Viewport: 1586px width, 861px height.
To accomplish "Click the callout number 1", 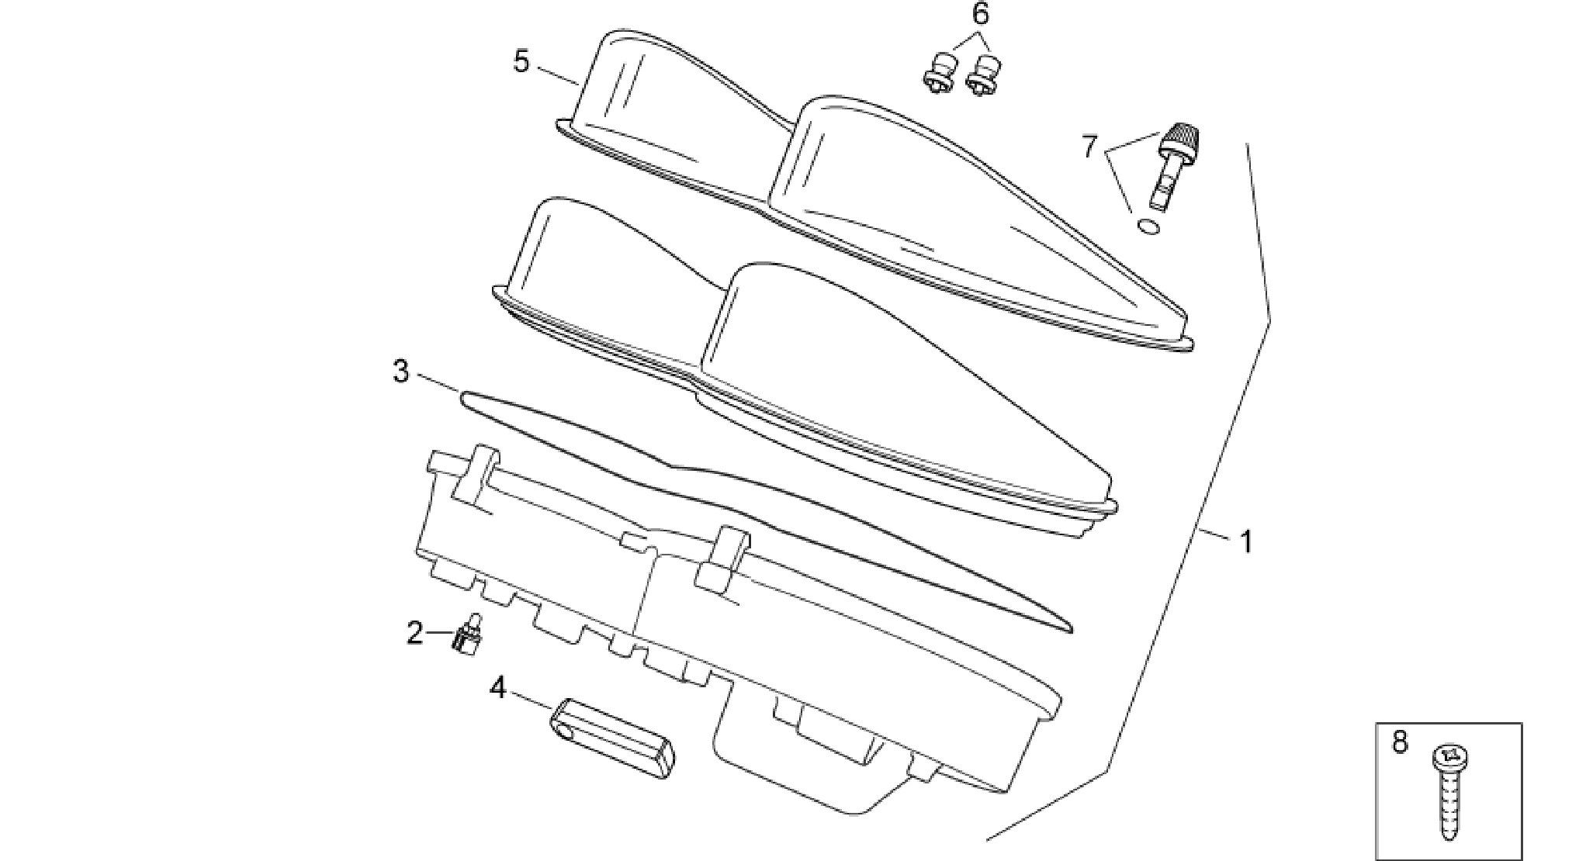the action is pyautogui.click(x=1247, y=542).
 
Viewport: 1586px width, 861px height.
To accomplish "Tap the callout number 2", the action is pyautogui.click(x=416, y=633).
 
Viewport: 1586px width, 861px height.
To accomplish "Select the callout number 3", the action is pyautogui.click(x=401, y=372).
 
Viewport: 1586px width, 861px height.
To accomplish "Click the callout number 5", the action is pyautogui.click(x=521, y=61).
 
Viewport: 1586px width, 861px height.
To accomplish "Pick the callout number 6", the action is pyautogui.click(x=981, y=13).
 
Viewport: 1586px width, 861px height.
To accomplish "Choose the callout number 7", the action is pyautogui.click(x=1090, y=146).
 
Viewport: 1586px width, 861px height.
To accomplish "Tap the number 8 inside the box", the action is pyautogui.click(x=1399, y=742).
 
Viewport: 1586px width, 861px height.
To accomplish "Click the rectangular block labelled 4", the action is pyautogui.click(x=613, y=738).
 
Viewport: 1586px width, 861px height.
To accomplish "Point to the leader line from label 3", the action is pyautogui.click(x=438, y=384).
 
